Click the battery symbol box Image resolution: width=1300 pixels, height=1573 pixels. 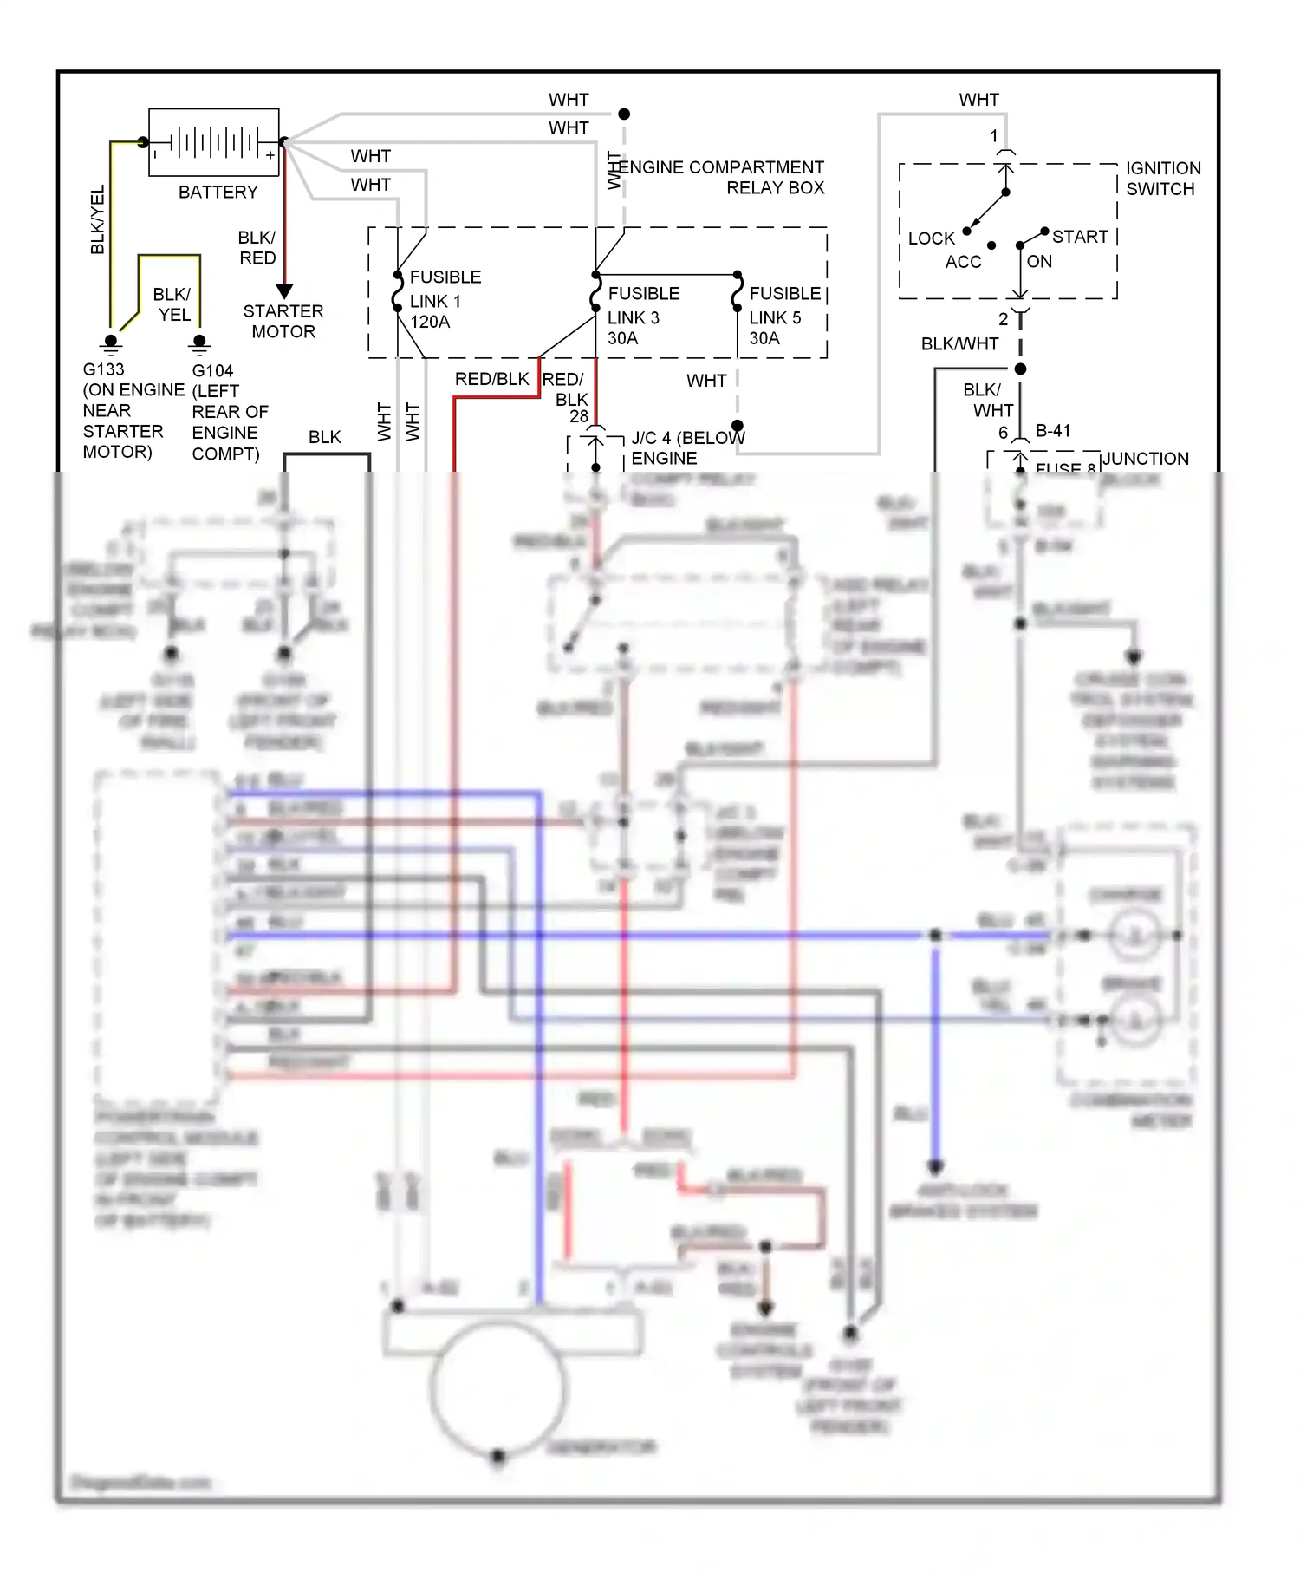[x=214, y=142]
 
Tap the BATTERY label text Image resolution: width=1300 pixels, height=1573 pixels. [x=218, y=193]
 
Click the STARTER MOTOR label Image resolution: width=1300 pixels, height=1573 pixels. [x=283, y=322]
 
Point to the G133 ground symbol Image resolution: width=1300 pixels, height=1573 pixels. [x=111, y=343]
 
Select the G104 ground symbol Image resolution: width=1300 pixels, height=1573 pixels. [x=200, y=344]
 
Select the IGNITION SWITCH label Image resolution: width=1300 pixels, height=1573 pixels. [x=1162, y=179]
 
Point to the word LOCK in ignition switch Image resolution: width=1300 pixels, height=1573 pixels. [x=931, y=238]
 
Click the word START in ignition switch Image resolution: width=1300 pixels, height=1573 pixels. [x=1080, y=237]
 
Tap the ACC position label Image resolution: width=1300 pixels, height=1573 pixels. [x=963, y=262]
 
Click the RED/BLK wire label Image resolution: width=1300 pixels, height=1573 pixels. [x=491, y=379]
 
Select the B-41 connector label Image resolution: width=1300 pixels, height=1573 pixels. [x=1053, y=431]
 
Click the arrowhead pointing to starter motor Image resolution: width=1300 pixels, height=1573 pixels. [x=284, y=291]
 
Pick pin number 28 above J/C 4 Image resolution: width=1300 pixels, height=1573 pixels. [x=579, y=416]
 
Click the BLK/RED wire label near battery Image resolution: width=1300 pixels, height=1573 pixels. [x=257, y=248]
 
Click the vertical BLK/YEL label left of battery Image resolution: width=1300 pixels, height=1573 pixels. [x=98, y=219]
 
